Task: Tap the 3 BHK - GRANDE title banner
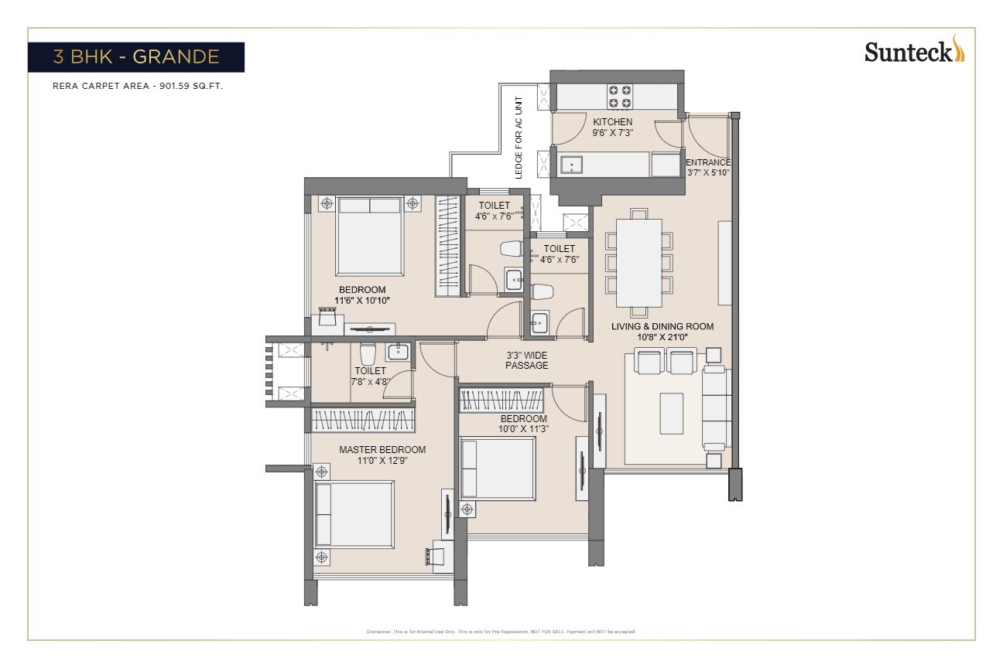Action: (136, 56)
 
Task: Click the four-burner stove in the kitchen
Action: (619, 96)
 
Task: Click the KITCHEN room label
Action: (612, 122)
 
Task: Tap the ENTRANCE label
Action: (707, 162)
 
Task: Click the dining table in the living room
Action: (638, 263)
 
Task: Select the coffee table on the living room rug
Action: (671, 413)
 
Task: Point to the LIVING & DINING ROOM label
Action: (662, 326)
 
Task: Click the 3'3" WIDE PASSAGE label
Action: (526, 360)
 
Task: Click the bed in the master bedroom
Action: (354, 514)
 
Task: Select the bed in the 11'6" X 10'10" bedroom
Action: (369, 235)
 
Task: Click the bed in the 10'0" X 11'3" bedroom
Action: (497, 469)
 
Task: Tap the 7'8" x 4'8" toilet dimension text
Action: (370, 380)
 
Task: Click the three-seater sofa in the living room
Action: (716, 407)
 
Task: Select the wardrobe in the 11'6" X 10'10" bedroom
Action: (449, 246)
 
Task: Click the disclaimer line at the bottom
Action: (501, 632)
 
